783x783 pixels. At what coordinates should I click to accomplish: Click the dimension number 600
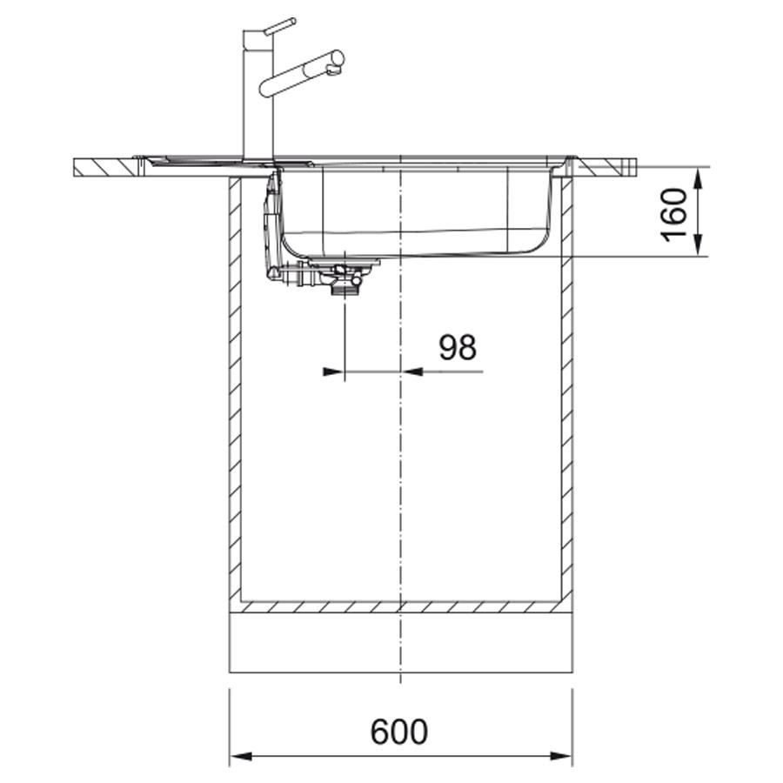click(x=399, y=732)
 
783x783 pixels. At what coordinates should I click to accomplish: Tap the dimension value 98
click(x=458, y=347)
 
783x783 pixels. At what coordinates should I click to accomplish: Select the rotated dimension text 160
click(x=674, y=214)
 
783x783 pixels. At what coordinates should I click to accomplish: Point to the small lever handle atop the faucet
click(x=280, y=26)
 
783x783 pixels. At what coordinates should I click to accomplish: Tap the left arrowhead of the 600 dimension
click(x=242, y=756)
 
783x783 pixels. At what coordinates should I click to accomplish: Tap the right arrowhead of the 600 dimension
click(x=560, y=756)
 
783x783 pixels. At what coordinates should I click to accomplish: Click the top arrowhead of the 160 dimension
click(x=698, y=178)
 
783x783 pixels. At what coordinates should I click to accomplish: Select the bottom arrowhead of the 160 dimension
click(x=698, y=245)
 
